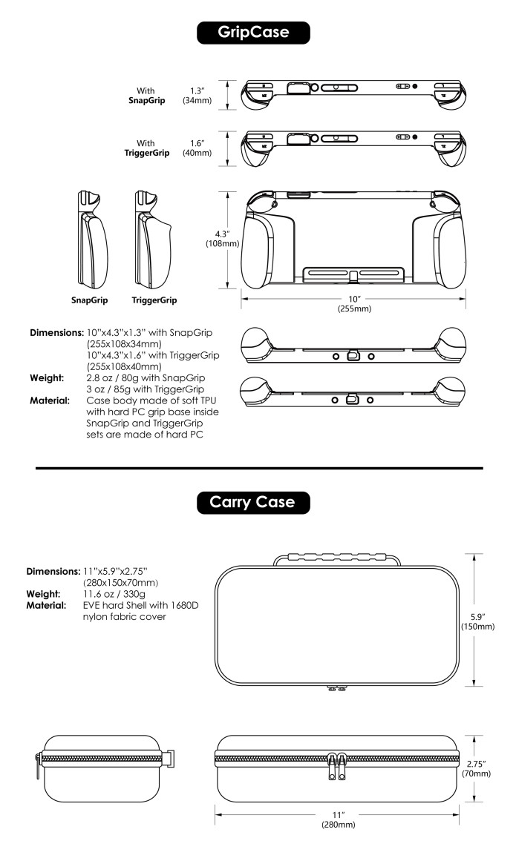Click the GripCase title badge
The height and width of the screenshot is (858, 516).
tap(253, 33)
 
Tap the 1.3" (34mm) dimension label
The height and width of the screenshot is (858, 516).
tap(197, 96)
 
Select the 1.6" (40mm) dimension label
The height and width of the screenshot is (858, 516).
tap(197, 148)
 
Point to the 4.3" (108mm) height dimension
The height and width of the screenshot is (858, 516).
tap(223, 239)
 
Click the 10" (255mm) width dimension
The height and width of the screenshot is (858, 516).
tap(354, 304)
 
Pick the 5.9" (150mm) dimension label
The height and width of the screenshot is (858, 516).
tap(477, 621)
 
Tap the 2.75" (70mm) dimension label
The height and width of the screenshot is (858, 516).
tap(476, 769)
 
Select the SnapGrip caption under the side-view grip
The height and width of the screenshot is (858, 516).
tap(89, 300)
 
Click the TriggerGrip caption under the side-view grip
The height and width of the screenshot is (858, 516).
tap(154, 300)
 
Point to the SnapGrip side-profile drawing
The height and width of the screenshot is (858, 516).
tap(92, 240)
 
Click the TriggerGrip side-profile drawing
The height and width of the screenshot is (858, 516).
tap(154, 240)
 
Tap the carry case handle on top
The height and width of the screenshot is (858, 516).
tap(337, 559)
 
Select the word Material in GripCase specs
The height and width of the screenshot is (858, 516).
tap(50, 400)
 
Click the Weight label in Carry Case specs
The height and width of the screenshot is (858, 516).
tap(43, 594)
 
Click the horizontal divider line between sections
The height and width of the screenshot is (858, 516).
tap(259, 469)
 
